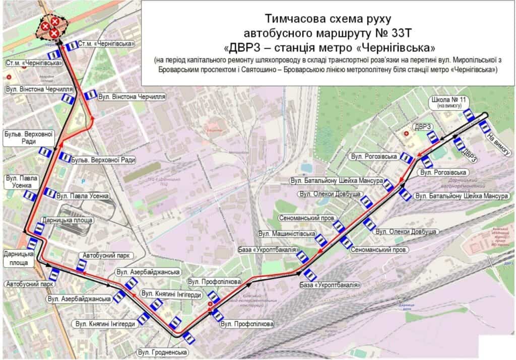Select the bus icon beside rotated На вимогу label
pyautogui.click(x=485, y=126)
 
